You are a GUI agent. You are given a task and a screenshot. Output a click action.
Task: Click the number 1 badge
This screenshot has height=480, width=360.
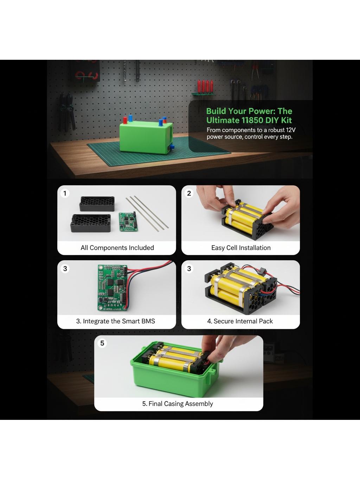click(65, 193)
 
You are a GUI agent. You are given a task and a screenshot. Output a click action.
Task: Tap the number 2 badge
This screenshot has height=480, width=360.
click(189, 193)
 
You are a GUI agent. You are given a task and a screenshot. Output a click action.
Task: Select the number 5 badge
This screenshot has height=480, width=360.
click(102, 343)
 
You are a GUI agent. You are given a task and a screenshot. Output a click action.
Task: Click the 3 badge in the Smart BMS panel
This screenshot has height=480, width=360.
click(65, 269)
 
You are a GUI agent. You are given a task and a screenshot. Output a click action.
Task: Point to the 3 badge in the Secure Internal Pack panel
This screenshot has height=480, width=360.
click(189, 269)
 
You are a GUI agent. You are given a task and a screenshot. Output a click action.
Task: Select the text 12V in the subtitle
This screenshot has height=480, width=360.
click(291, 130)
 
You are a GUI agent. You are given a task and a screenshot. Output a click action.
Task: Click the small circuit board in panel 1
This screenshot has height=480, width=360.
click(128, 222)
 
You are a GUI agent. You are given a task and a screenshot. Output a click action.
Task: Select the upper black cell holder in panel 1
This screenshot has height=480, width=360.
click(97, 204)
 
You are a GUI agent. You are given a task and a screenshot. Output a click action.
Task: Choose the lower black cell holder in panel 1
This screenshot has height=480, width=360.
click(90, 223)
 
